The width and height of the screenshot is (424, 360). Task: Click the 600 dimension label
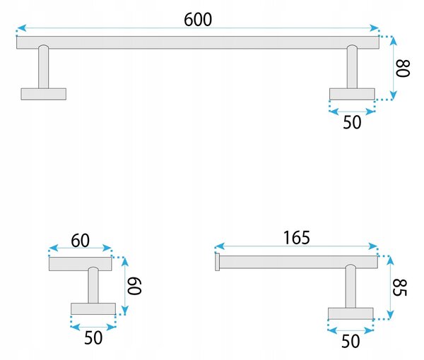[x=198, y=20]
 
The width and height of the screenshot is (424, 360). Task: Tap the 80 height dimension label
[x=403, y=68]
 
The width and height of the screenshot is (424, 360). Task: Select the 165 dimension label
[x=297, y=238]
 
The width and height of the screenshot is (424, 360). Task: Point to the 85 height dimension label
[x=400, y=287]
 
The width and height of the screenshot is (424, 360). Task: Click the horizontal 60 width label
[x=81, y=241]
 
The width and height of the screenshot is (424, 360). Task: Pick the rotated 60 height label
[x=134, y=286]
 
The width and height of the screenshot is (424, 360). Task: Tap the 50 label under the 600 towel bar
[x=352, y=122]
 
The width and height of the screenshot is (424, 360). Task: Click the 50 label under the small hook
[x=93, y=337]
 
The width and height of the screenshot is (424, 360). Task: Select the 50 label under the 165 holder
[x=351, y=341]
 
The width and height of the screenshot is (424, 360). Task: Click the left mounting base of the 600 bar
[x=44, y=94]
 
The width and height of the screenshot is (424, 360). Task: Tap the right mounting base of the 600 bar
[x=352, y=94]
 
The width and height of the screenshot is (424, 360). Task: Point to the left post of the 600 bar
[x=44, y=67]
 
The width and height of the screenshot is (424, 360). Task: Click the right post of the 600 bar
[x=352, y=67]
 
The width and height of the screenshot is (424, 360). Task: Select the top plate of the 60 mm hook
[x=81, y=264]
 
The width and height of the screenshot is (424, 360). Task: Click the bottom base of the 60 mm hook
[x=93, y=308]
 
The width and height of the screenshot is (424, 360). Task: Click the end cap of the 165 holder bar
[x=217, y=262]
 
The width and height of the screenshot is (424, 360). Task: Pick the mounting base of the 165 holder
[x=351, y=313]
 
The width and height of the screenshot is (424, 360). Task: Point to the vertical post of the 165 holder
[x=351, y=287]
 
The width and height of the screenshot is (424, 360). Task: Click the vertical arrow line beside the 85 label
[x=390, y=287]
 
